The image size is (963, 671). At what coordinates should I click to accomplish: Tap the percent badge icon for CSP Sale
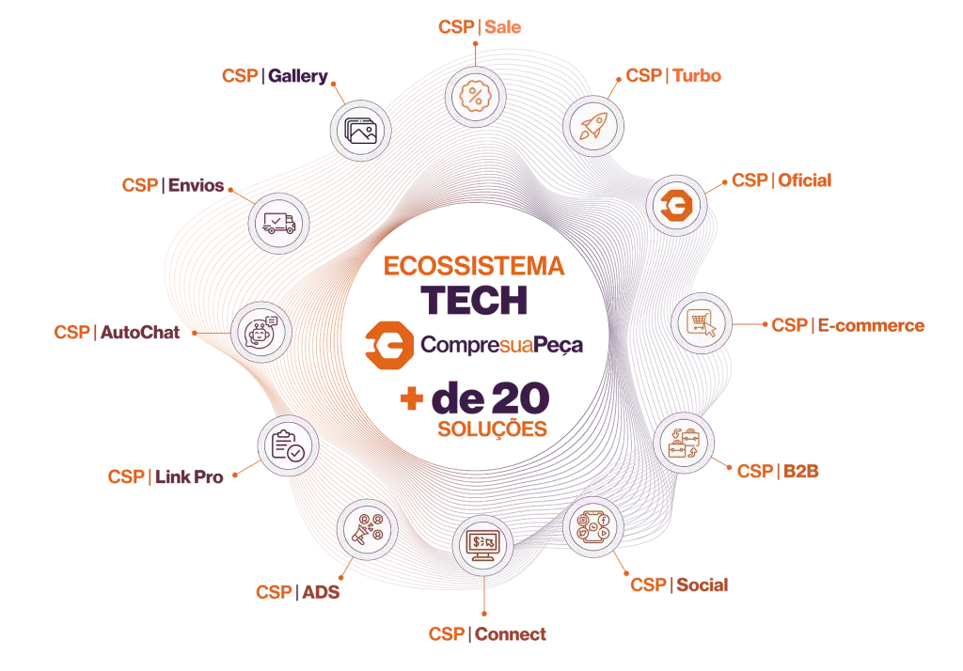coord(476,95)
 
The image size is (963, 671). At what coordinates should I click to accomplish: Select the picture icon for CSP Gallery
coord(360,130)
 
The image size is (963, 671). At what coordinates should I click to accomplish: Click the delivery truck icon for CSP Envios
coord(278,223)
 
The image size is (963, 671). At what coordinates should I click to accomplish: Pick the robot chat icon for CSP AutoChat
coord(260,332)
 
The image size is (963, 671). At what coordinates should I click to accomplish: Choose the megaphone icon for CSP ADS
coord(367,531)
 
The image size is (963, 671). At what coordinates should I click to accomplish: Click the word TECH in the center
coord(474,300)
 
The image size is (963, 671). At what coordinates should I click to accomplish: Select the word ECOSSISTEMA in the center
coord(474,267)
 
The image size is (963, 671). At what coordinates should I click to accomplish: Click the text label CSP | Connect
coord(487,634)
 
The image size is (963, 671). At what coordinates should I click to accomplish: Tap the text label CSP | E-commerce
coord(847,326)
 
